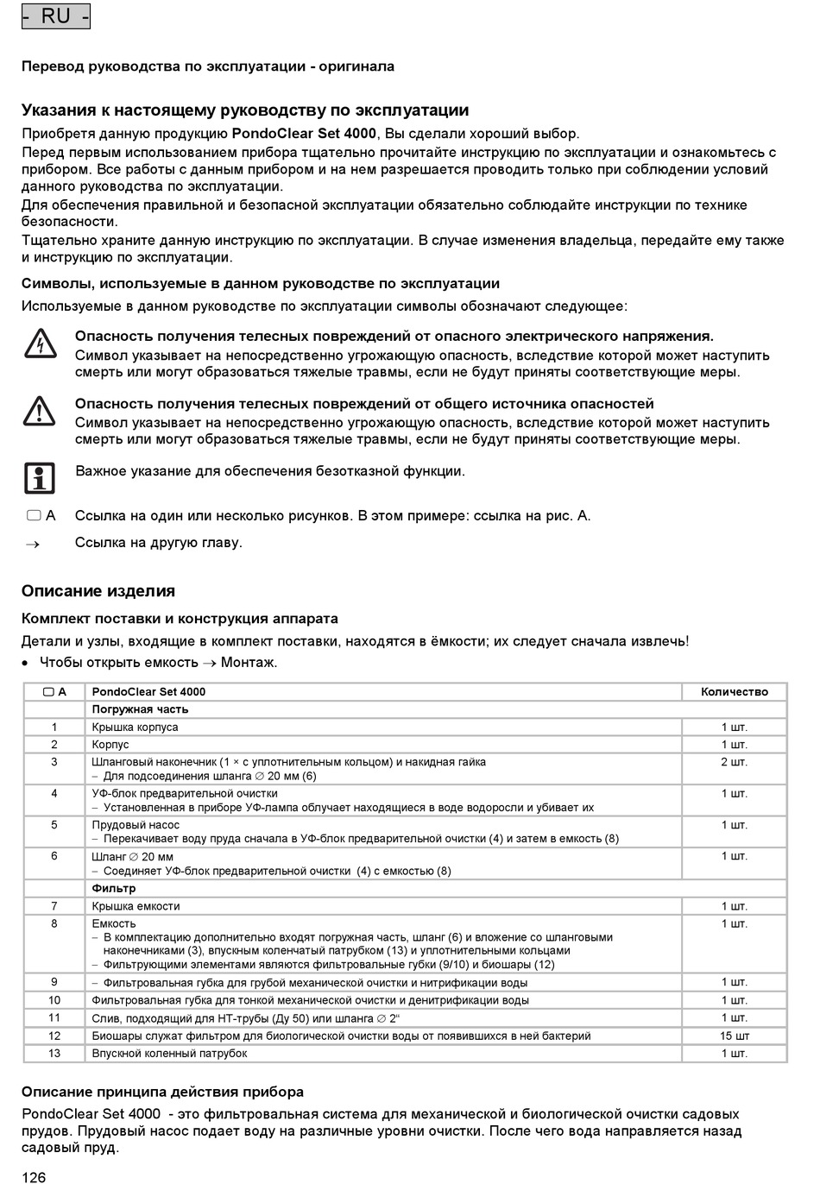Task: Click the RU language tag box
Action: click(56, 16)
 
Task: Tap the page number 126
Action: click(34, 1176)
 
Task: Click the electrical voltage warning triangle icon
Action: click(40, 344)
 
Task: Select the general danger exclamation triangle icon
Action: click(40, 412)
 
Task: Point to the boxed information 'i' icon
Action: click(39, 477)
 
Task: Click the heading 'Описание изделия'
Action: click(98, 591)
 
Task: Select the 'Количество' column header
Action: click(734, 691)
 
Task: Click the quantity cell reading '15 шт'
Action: click(735, 1036)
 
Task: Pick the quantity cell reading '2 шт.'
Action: click(735, 762)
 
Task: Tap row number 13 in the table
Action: click(54, 1053)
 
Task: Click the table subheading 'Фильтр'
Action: click(114, 888)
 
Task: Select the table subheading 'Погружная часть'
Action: click(140, 709)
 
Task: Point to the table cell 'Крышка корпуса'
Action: click(136, 727)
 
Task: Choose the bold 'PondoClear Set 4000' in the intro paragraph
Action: click(304, 134)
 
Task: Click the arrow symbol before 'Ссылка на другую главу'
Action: click(34, 544)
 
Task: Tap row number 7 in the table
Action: click(54, 906)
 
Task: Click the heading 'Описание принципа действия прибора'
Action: click(162, 1092)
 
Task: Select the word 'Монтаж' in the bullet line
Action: click(249, 663)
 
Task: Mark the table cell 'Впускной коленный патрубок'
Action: click(169, 1053)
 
